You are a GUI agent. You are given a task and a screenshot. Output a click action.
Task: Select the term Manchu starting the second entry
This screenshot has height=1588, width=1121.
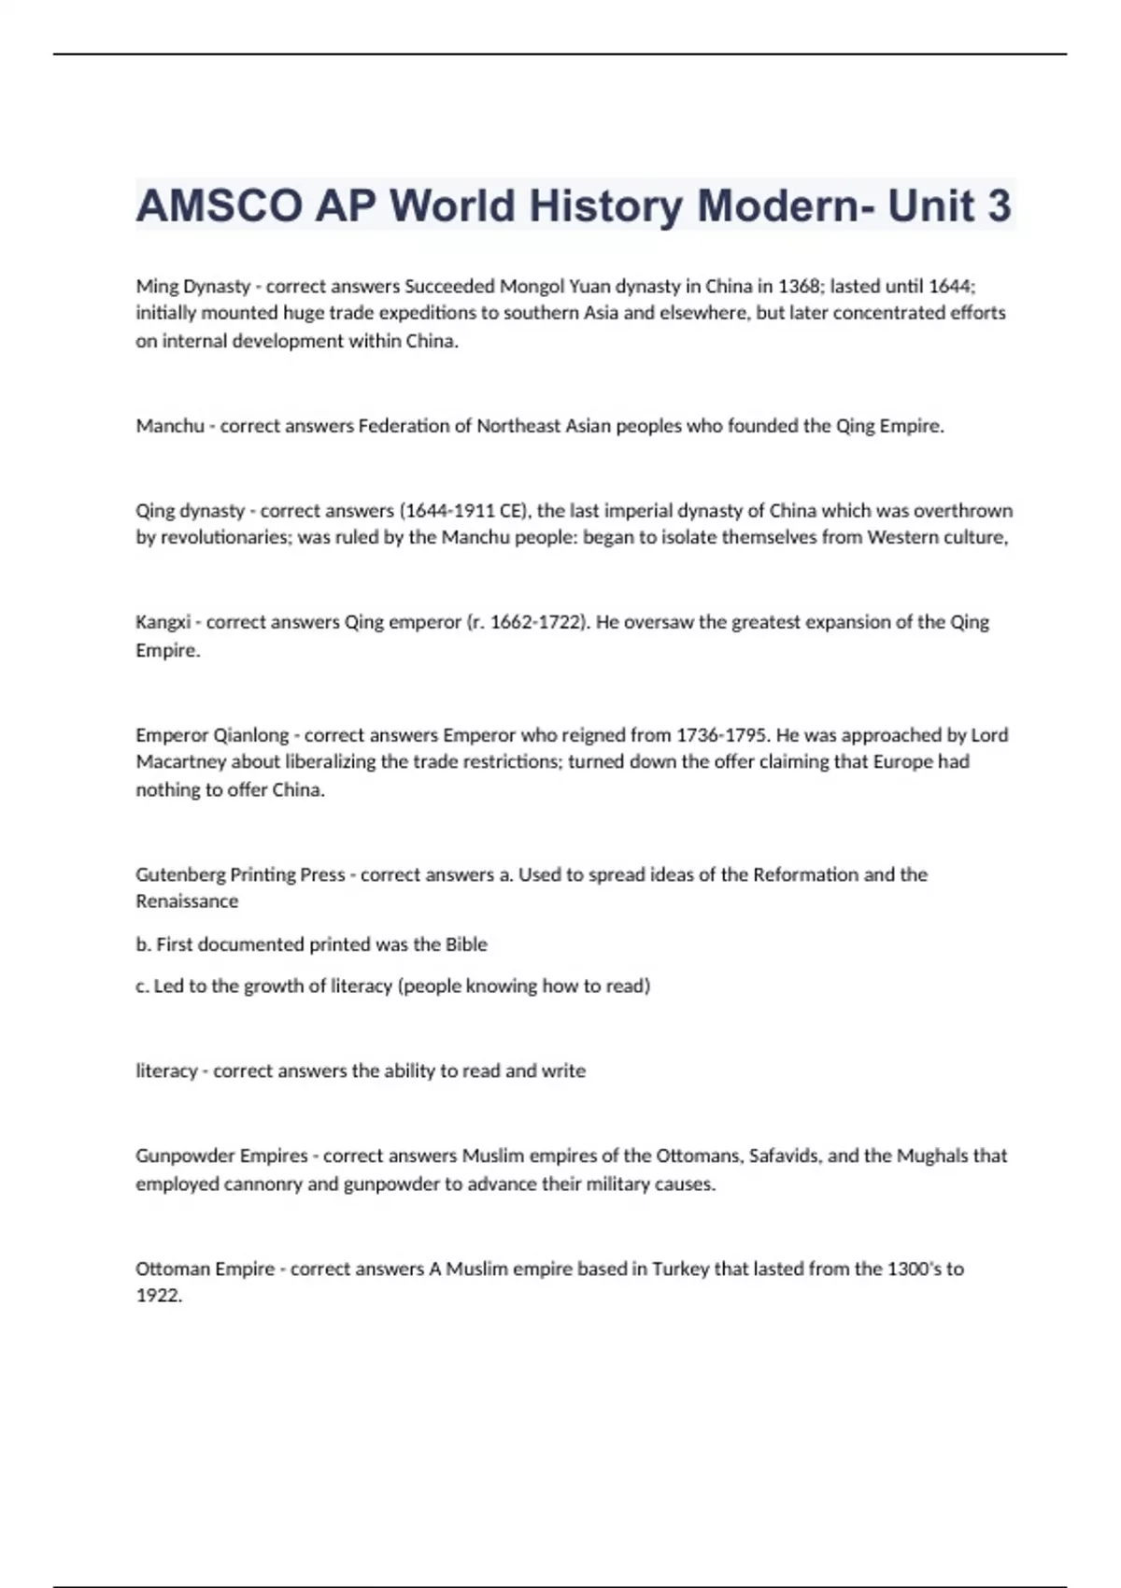point(170,426)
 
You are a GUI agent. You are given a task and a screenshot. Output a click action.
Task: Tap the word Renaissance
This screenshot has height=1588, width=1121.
point(187,901)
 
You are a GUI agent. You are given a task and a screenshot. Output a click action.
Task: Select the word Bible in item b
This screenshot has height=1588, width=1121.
point(465,944)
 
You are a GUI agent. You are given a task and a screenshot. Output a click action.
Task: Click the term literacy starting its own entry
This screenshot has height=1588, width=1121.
point(166,1071)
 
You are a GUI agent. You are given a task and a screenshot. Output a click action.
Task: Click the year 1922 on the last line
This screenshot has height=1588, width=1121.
point(158,1297)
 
